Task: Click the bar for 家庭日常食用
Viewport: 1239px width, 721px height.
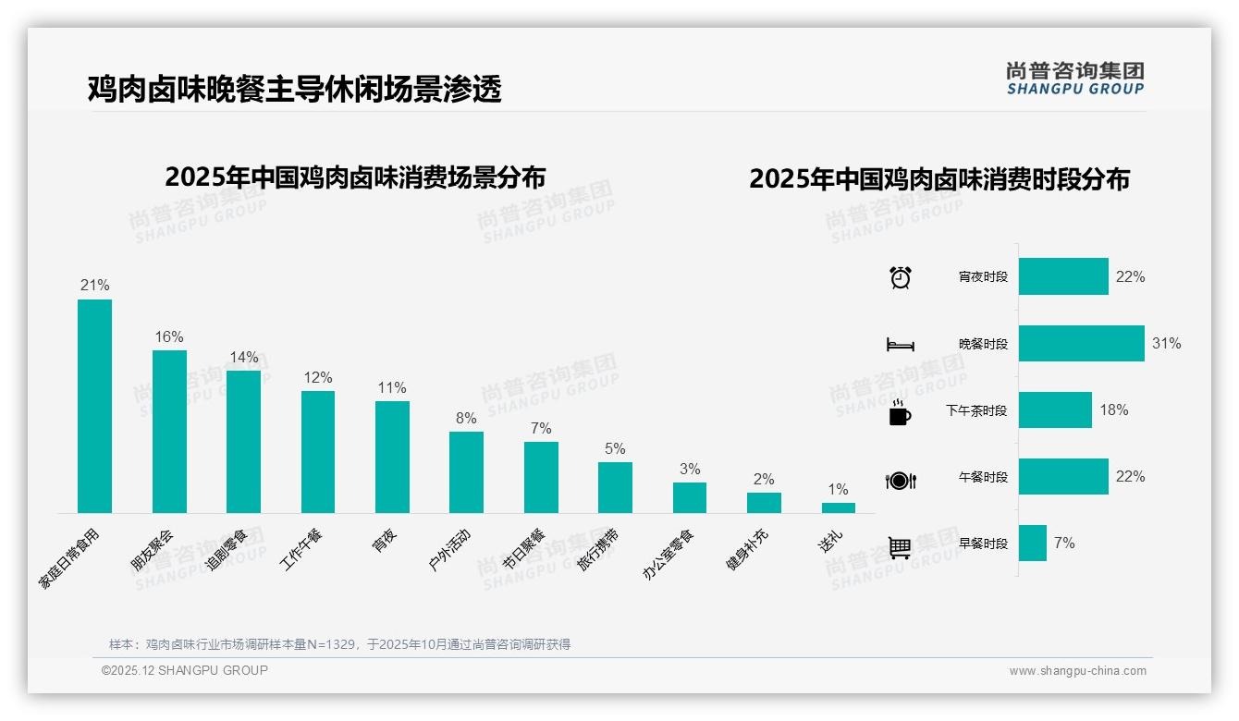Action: coord(94,406)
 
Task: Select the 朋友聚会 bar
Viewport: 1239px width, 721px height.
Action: coord(169,431)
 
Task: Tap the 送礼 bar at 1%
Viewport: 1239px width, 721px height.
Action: coord(838,507)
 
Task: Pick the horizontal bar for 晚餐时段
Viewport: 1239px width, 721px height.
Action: coord(1081,343)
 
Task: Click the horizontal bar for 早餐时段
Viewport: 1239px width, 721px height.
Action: coord(1032,543)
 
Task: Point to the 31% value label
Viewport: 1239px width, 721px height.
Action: coord(1166,343)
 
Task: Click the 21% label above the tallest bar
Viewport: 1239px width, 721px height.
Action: coord(94,285)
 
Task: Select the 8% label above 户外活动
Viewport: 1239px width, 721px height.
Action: coord(466,418)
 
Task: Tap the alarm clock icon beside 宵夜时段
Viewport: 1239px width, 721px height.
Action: coord(900,276)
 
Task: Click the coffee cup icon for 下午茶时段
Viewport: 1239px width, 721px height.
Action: coord(900,412)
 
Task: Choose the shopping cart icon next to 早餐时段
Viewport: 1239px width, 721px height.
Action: coord(900,547)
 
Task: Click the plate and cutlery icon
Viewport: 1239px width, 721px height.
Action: coord(900,480)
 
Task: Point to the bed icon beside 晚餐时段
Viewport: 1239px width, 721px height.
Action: coord(900,345)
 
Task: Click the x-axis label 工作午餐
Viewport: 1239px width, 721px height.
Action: coord(302,549)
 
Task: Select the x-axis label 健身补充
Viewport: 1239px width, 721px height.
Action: coord(746,550)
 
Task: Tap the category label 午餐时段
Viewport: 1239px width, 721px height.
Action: coord(983,477)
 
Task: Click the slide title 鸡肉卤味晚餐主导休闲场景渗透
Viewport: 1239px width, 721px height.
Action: coord(294,89)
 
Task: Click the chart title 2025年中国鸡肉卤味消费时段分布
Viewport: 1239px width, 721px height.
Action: coord(938,178)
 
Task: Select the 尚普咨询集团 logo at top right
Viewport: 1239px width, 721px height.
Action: coord(1074,79)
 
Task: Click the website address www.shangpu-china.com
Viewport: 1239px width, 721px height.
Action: coord(1077,671)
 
